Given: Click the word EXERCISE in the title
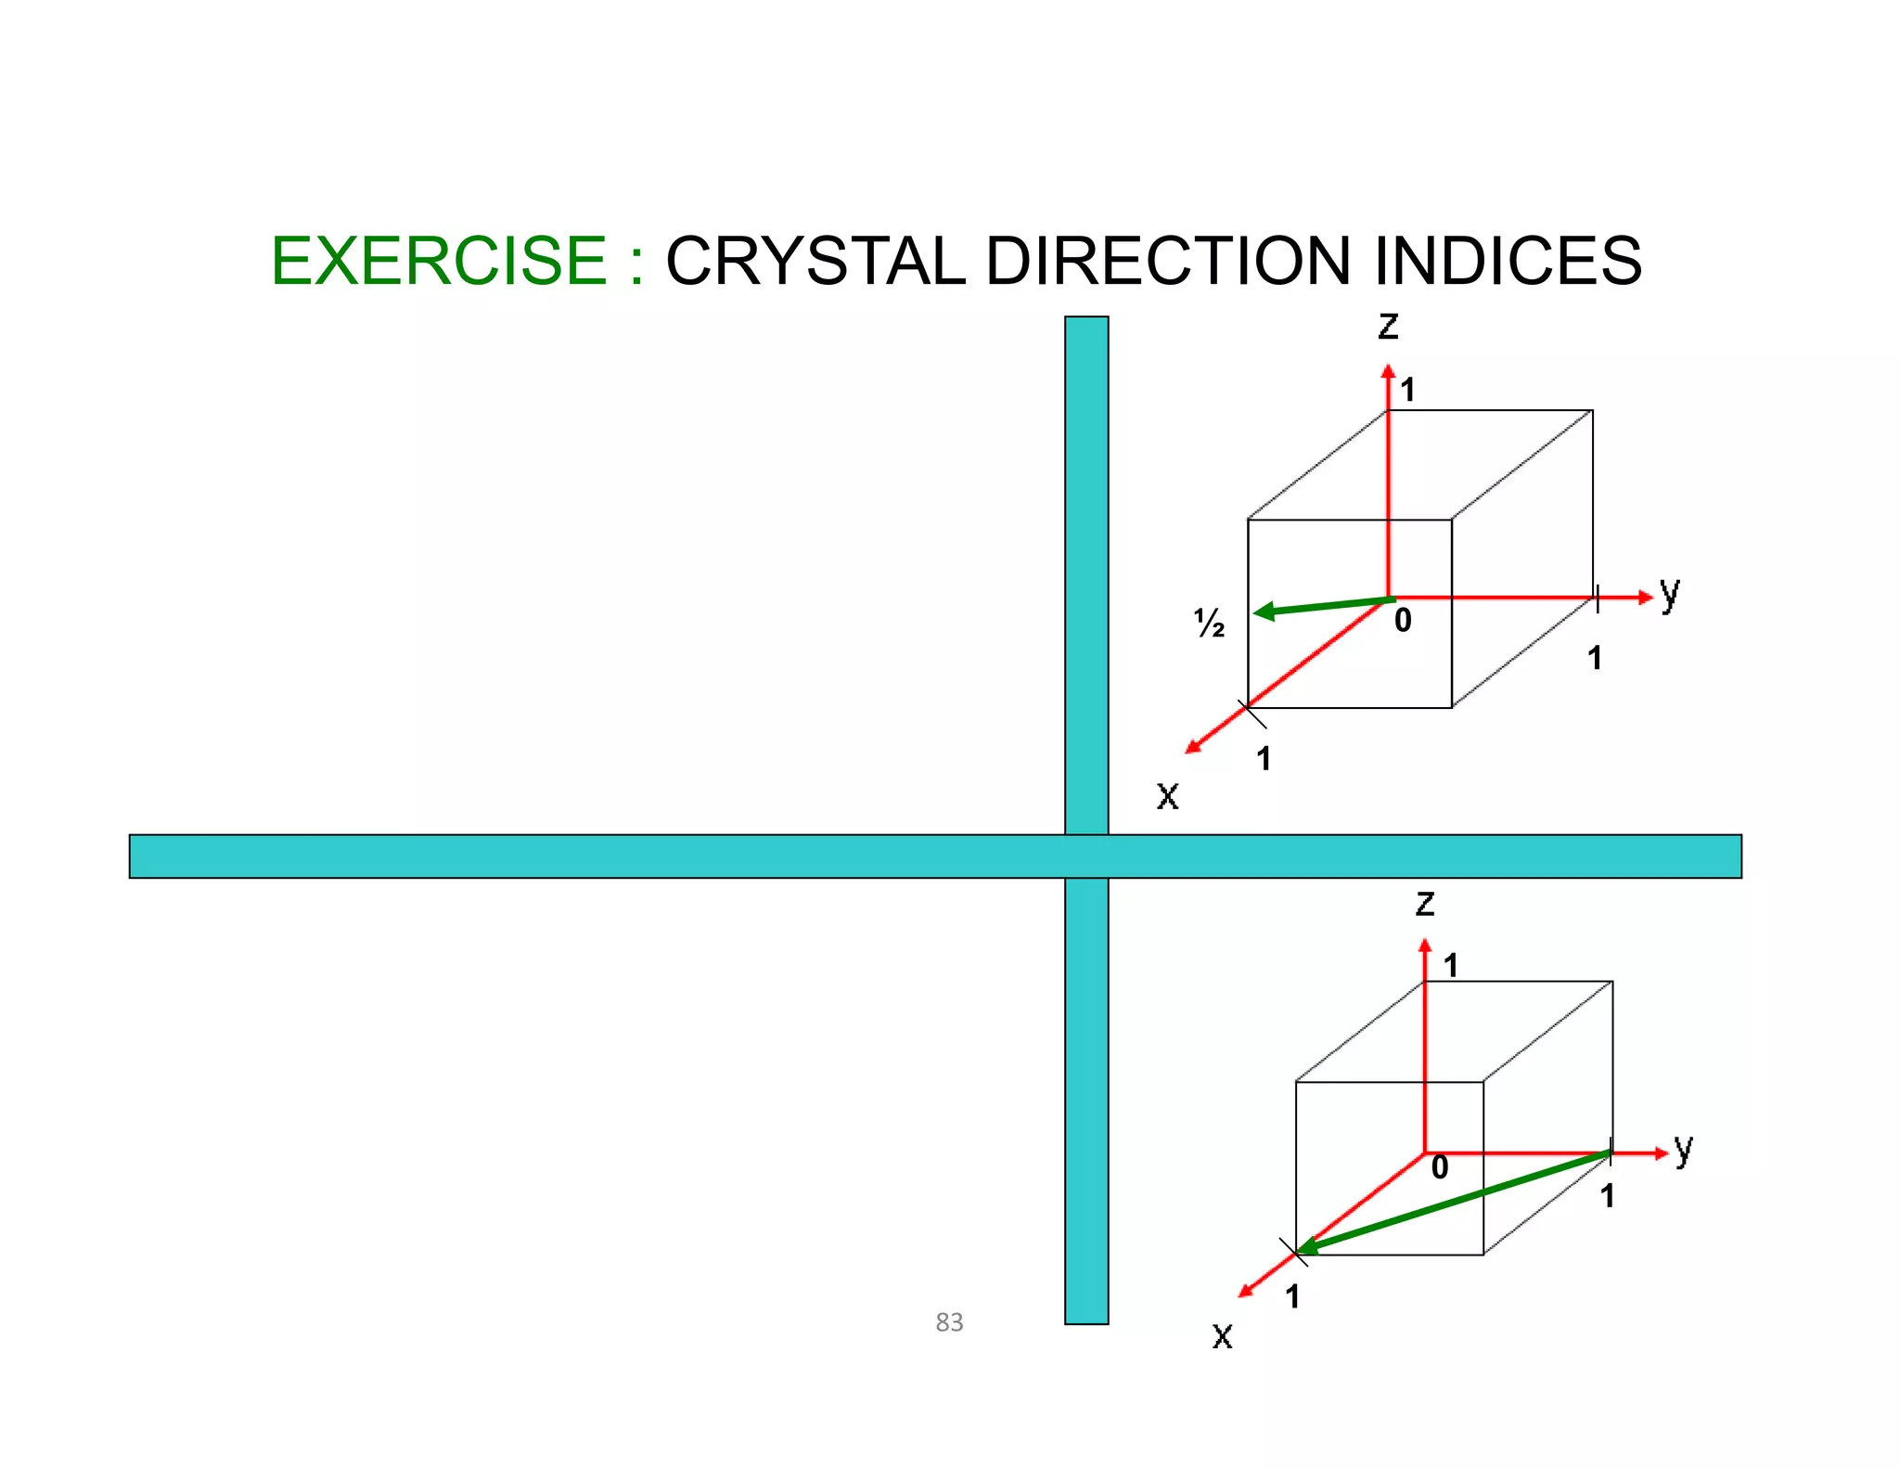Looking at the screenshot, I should (x=438, y=261).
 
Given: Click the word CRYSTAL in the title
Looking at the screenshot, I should (x=815, y=261).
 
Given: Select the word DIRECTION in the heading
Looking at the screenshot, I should (x=1167, y=261).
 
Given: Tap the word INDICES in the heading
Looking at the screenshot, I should (x=1508, y=261).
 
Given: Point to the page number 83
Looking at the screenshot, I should (x=949, y=1321).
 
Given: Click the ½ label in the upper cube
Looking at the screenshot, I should (x=1209, y=624).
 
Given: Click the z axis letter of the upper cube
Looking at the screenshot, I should (x=1388, y=326).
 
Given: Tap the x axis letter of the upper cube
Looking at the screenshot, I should (x=1167, y=796).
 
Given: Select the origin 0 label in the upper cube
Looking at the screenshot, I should (x=1403, y=621).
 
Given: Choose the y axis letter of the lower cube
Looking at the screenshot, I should (x=1684, y=1150).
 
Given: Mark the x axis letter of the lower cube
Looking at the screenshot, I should (x=1222, y=1336).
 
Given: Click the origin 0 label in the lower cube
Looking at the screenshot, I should (x=1439, y=1167).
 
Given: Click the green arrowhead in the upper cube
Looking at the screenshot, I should (x=1264, y=611).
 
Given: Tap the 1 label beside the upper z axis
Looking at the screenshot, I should (x=1407, y=391).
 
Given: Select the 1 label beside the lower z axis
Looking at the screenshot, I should (x=1451, y=966).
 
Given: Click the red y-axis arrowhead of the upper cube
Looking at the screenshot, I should (x=1646, y=598).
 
